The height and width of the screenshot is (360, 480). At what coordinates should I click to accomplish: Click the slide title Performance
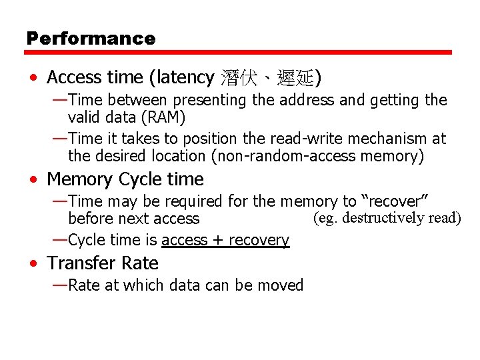(x=91, y=39)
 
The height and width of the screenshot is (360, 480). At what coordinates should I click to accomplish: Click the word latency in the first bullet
(x=185, y=78)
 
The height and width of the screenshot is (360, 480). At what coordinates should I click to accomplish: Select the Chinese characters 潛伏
(x=237, y=78)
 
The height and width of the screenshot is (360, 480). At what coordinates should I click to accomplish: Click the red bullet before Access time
(x=33, y=79)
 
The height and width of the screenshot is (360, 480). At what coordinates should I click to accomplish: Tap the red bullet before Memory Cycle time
(x=33, y=180)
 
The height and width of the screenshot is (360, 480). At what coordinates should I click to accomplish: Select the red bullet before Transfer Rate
(x=33, y=264)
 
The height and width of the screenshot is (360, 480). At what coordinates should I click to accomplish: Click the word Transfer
(x=78, y=263)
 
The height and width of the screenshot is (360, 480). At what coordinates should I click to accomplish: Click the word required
(x=195, y=201)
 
